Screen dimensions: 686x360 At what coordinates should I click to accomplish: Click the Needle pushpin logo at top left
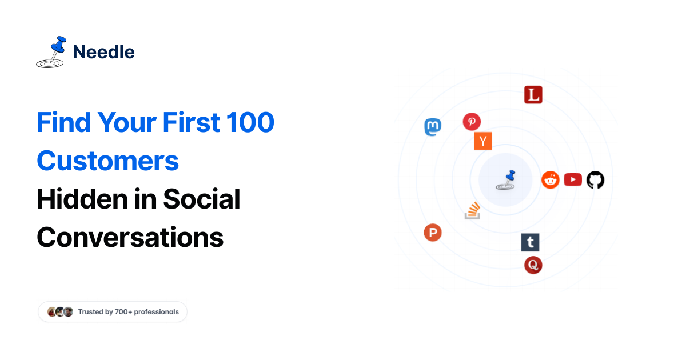point(51,52)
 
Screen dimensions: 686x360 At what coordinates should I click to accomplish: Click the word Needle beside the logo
point(104,52)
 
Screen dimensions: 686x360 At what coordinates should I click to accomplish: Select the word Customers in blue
point(107,161)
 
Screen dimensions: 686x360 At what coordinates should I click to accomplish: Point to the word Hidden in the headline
point(82,199)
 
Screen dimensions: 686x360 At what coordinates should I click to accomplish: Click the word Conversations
point(130,238)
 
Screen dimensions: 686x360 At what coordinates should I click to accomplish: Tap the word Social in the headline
point(202,199)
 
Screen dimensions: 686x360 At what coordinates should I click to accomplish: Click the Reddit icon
point(551,179)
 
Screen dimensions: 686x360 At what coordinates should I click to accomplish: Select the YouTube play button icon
point(573,179)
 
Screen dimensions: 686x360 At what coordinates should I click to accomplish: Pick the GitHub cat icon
point(595,179)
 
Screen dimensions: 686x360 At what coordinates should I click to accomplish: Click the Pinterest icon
point(472,122)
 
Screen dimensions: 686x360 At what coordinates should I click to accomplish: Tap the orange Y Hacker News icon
point(483,141)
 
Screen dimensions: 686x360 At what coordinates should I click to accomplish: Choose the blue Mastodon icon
point(433,127)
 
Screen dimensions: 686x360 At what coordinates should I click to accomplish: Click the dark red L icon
point(533,95)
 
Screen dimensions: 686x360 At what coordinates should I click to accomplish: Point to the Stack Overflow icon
point(472,210)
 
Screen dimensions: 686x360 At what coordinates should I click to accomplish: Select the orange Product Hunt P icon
point(433,233)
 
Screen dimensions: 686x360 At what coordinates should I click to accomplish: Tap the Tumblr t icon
point(530,242)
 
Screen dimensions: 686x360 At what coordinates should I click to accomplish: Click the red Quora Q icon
point(533,265)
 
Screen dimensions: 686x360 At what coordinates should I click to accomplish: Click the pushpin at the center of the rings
point(505,180)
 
